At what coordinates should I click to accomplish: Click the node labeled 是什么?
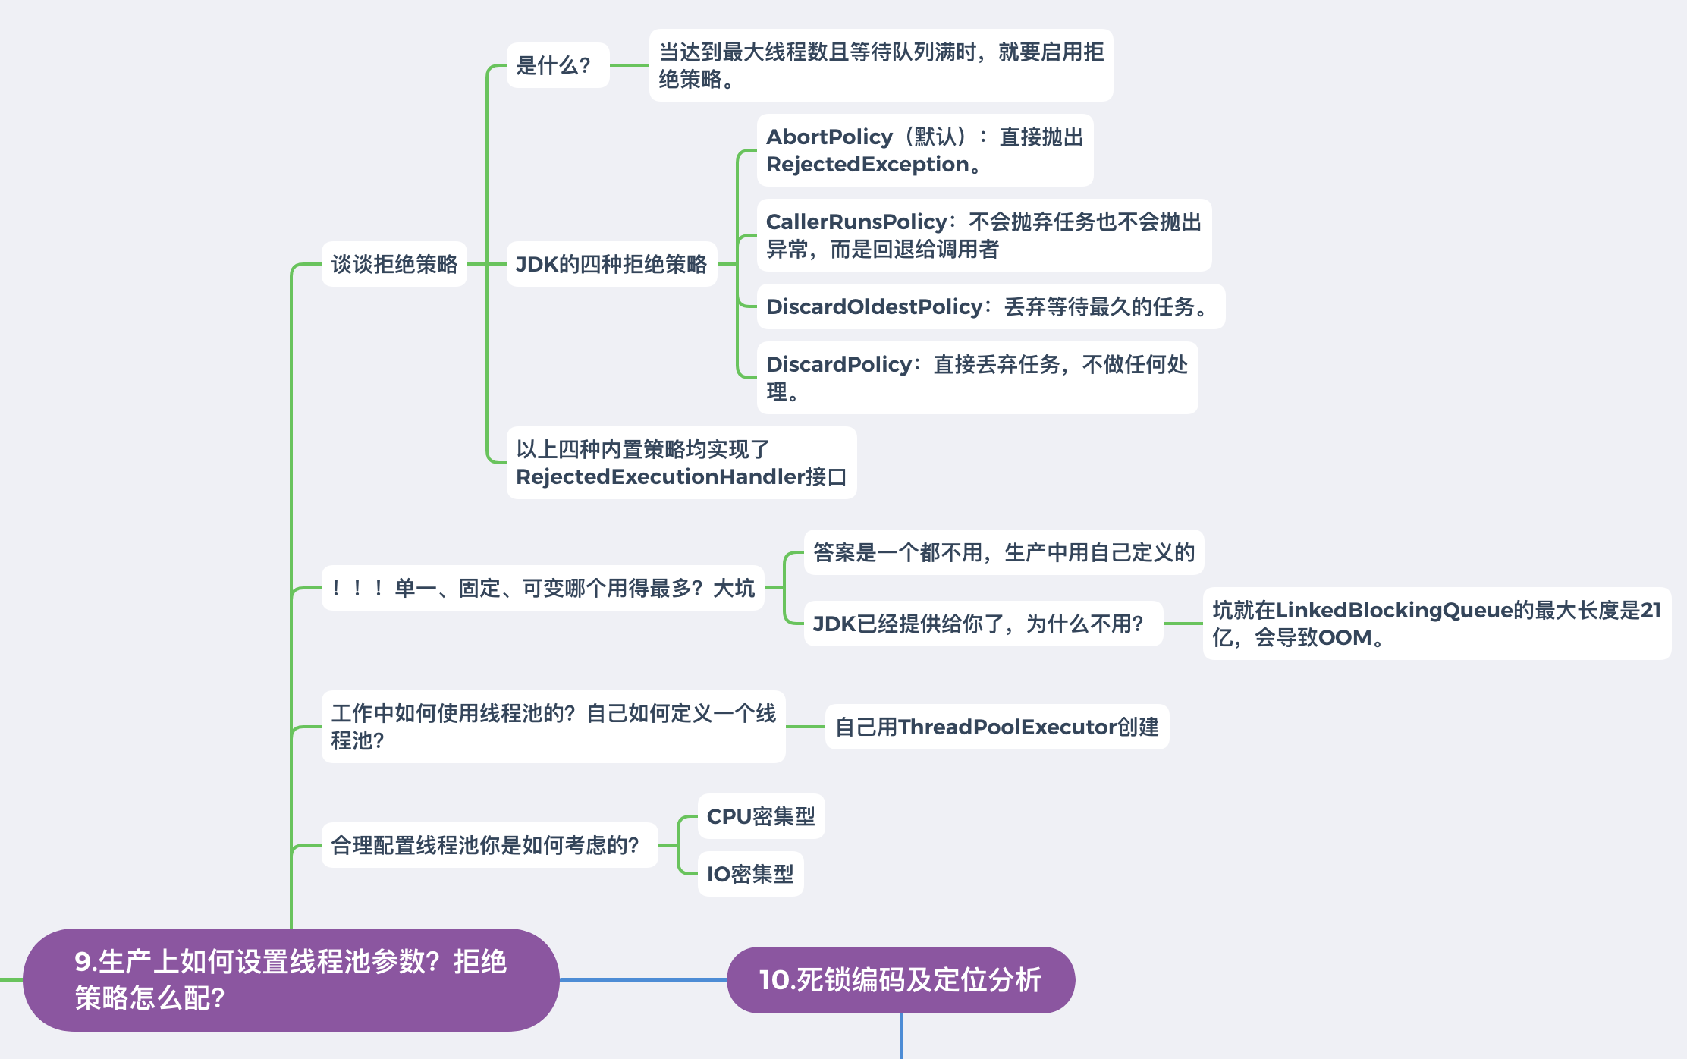click(558, 65)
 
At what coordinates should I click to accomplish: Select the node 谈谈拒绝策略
click(394, 264)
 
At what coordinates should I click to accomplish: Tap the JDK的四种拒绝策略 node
click(611, 264)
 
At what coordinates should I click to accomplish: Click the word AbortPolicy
click(829, 137)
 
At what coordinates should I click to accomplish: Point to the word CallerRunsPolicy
click(856, 222)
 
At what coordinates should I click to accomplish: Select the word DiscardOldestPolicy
click(874, 306)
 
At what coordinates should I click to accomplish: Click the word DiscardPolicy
click(838, 364)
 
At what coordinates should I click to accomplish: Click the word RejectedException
click(867, 164)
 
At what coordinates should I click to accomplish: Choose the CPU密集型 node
click(761, 816)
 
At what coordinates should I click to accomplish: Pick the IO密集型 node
click(750, 874)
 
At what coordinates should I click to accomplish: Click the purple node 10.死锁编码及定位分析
click(900, 979)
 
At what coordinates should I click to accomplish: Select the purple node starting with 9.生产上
click(291, 979)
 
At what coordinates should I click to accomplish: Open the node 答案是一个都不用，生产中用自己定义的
click(1004, 552)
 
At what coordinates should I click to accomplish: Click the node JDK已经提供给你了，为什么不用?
click(979, 624)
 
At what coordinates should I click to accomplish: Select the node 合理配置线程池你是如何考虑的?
click(485, 845)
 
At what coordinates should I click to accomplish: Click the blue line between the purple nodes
click(643, 980)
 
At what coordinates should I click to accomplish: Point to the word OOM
click(1345, 637)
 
